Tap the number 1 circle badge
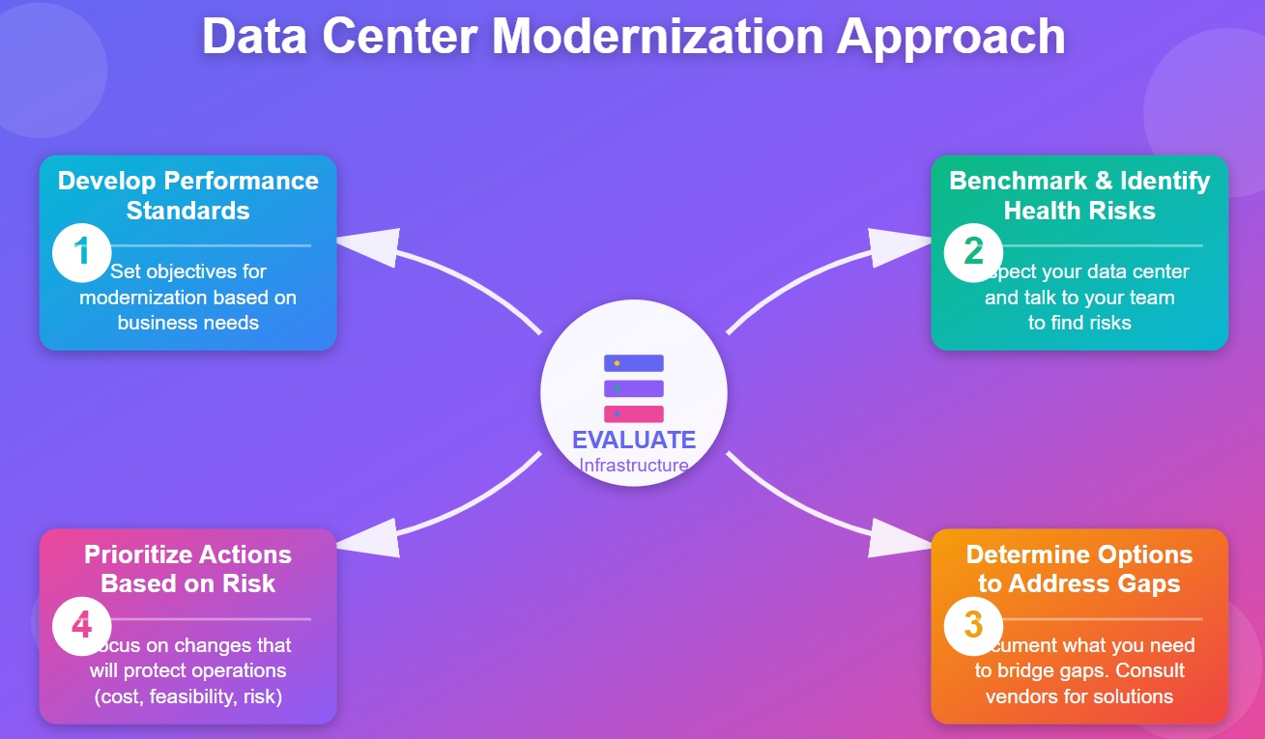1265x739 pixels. click(82, 251)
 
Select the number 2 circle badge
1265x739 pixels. click(974, 251)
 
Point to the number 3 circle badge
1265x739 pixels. click(974, 624)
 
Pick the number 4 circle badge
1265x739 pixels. click(82, 624)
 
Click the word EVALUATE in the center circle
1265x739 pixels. click(633, 441)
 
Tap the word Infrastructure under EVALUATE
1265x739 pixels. click(633, 466)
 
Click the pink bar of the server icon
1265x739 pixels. click(633, 413)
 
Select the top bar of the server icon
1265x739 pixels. click(633, 363)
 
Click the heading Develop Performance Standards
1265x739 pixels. click(188, 195)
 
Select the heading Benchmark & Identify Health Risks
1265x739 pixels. click(1079, 195)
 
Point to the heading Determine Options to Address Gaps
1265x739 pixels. click(1079, 569)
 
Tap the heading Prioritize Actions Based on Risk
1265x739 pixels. click(188, 569)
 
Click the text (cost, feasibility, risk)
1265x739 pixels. click(188, 696)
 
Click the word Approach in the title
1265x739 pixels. click(952, 37)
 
